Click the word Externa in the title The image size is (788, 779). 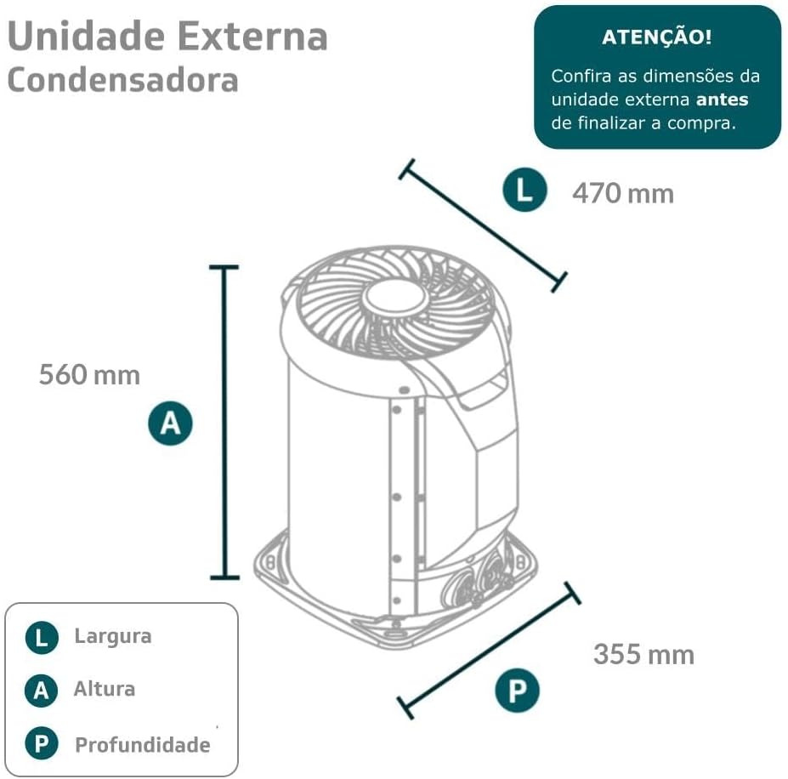coord(252,37)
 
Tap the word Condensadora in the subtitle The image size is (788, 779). coord(123,81)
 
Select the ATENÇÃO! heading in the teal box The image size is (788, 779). coord(657,37)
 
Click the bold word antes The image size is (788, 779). coord(723,100)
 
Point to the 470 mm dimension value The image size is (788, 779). coord(623,194)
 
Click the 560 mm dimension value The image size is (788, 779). coord(89,375)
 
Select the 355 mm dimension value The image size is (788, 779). coord(643,655)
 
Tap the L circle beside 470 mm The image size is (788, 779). coord(524,190)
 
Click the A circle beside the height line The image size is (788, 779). coord(170,423)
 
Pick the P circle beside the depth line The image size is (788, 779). coord(517,690)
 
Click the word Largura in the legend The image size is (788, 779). coord(113,636)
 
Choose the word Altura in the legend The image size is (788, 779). coord(105,689)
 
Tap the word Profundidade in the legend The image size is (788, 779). coord(143,745)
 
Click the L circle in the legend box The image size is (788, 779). coord(42,638)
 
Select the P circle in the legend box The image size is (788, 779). coord(42,743)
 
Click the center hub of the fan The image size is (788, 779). coord(395,299)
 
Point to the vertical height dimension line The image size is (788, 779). coord(224,422)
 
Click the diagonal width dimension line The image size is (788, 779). coord(483,226)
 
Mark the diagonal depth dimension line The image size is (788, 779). coord(489,651)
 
